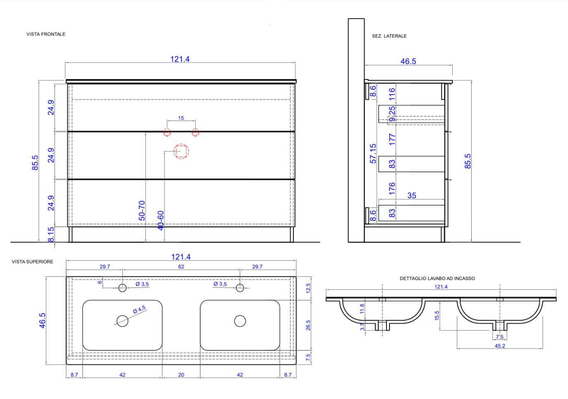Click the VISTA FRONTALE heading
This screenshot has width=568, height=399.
[46, 34]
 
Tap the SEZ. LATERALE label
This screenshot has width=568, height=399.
[389, 36]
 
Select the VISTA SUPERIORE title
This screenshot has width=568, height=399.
[33, 262]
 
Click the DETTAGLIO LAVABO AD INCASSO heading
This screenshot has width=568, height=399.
[437, 278]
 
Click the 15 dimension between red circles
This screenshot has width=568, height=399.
[181, 118]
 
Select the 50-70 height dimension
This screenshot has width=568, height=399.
[142, 211]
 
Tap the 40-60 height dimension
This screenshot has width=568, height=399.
[160, 221]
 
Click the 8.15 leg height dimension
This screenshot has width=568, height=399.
[51, 234]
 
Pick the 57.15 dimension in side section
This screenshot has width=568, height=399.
[373, 154]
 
